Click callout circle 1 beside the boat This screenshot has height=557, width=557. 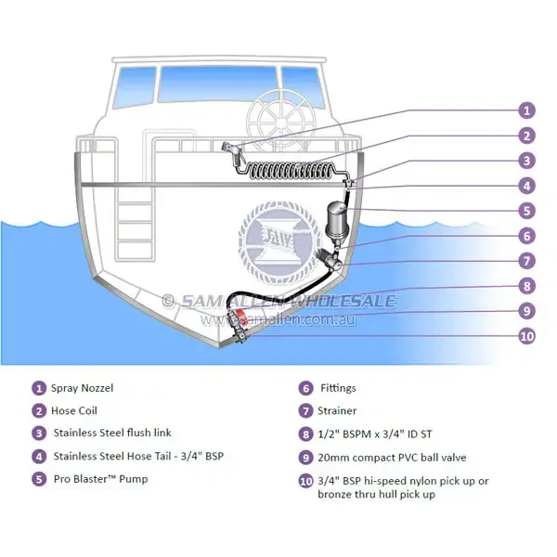pos(526,110)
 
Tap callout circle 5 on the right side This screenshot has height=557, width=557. pos(526,211)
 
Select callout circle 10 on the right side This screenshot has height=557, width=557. pos(526,336)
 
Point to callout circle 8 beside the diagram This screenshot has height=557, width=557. pos(526,286)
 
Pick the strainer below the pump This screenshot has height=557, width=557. pos(330,260)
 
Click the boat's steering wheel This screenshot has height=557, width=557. pos(280,122)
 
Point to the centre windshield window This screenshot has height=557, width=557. pos(217,84)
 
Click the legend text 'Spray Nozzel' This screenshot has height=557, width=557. pos(82,388)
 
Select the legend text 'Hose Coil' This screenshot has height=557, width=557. pos(74,410)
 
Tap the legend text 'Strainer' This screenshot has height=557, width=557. pos(337,410)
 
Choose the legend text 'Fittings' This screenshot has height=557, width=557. pos(338,388)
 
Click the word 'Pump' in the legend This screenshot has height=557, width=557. pos(133,479)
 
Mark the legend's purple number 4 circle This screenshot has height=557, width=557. pos(39,457)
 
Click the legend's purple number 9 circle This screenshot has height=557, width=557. pos(305,458)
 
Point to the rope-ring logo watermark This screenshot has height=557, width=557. pos(276,242)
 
